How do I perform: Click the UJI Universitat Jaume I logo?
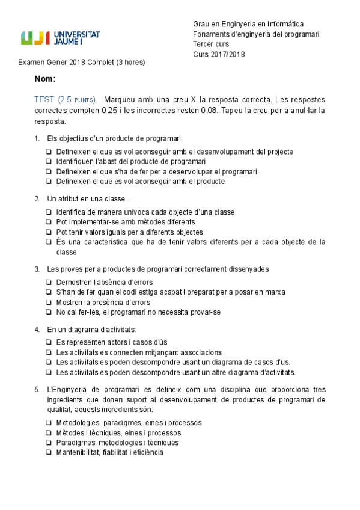(x=61, y=38)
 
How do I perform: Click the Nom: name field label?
(x=45, y=79)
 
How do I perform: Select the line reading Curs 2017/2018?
(x=219, y=54)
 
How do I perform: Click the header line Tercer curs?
(x=210, y=44)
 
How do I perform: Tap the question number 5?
(x=37, y=389)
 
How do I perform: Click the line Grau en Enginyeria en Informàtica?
(x=248, y=23)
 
